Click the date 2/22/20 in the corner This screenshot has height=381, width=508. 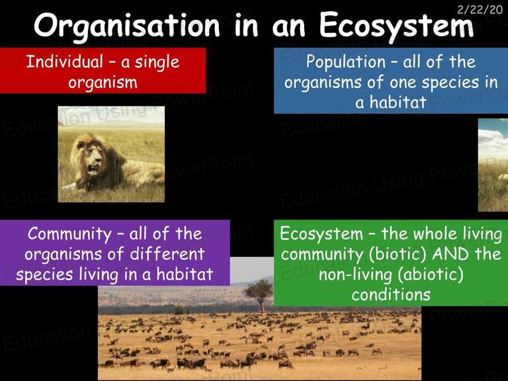click(x=480, y=9)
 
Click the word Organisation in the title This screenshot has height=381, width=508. click(x=127, y=26)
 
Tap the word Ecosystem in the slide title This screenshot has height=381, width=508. click(x=396, y=26)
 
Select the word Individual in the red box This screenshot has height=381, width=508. click(x=64, y=62)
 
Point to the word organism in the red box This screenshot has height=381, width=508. click(x=103, y=83)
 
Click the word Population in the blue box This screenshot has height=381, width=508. click(x=346, y=62)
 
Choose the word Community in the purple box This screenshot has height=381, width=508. click(x=69, y=234)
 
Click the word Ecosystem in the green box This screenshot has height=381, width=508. click(x=321, y=234)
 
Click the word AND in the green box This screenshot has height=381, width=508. click(x=450, y=254)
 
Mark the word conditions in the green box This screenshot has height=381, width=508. click(x=391, y=294)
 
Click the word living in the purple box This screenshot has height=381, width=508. click(x=99, y=275)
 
